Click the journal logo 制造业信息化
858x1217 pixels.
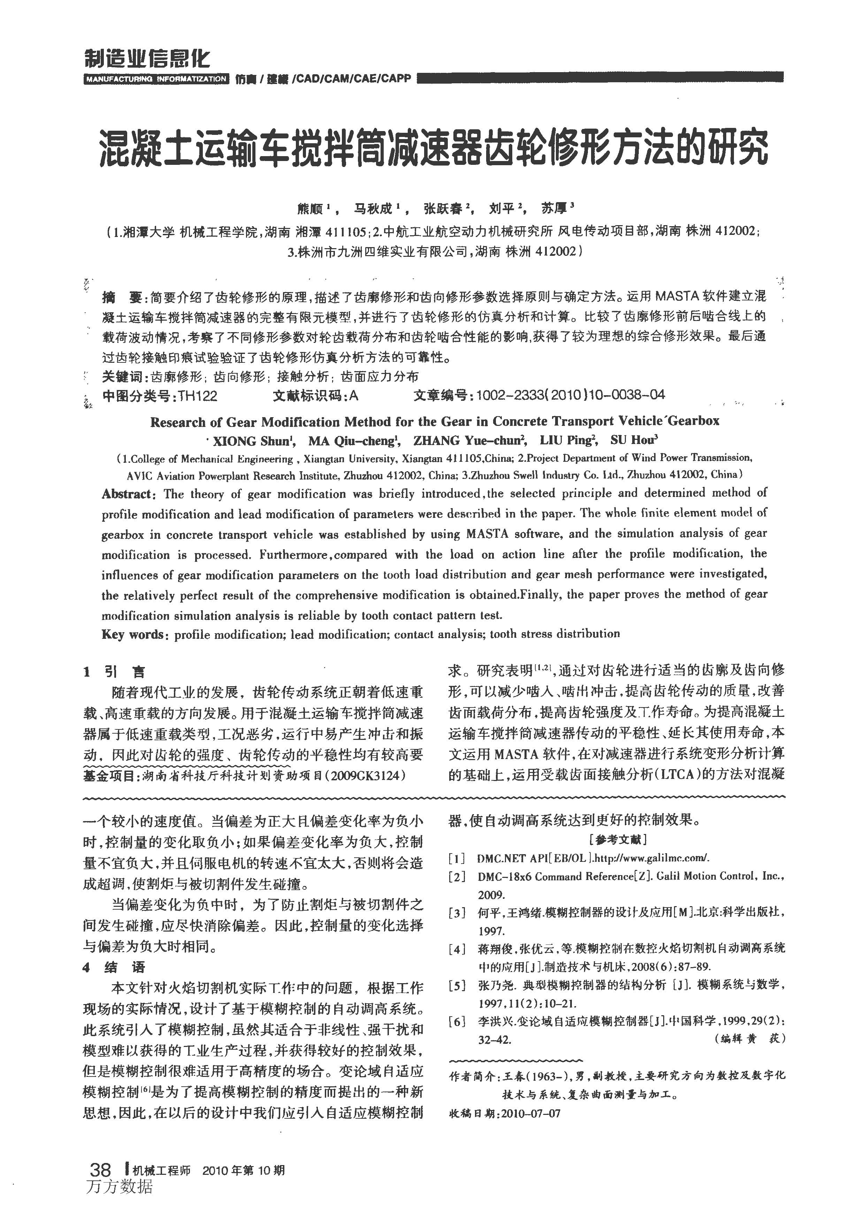tap(147, 58)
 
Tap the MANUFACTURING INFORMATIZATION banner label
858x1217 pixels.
tap(156, 79)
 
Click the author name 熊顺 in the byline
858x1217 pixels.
tap(311, 209)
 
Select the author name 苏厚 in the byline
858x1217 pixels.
tap(554, 209)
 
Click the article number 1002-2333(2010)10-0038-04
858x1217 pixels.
tap(570, 395)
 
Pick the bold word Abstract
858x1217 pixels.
tap(128, 494)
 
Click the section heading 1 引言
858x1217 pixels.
tap(114, 672)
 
